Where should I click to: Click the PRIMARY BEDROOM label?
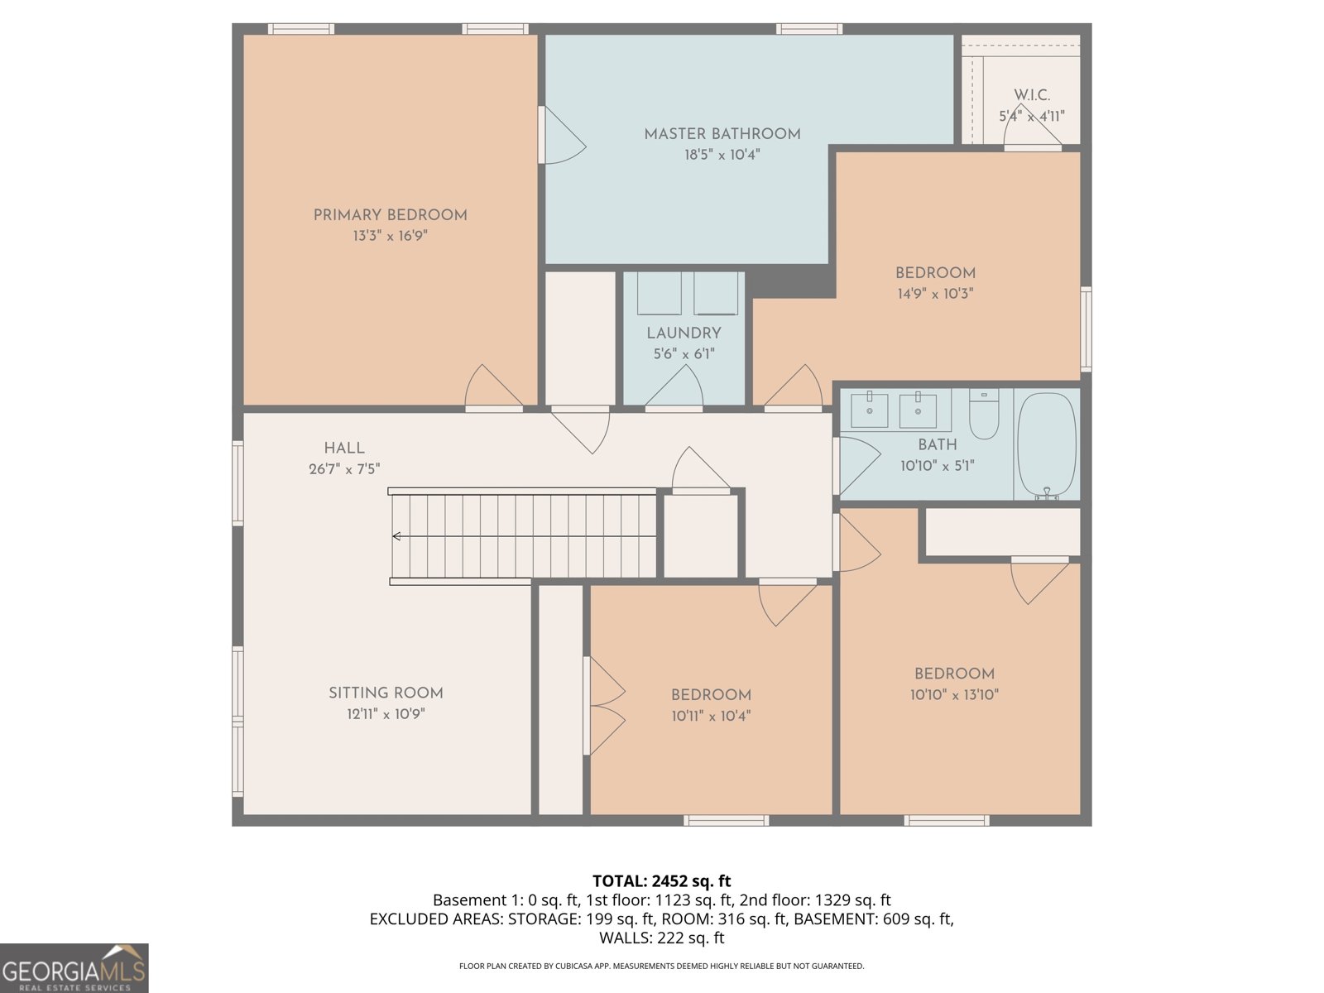390,215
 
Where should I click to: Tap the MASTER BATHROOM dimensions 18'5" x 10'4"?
722,155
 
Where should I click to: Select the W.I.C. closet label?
1032,95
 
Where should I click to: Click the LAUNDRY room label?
684,333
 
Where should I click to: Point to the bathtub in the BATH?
1046,444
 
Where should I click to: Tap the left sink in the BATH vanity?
870,410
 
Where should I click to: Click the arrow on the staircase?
397,536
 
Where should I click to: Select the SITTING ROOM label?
386,693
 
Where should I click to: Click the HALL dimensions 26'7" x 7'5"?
344,469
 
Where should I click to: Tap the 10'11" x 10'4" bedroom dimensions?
711,716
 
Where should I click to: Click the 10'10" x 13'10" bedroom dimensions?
954,695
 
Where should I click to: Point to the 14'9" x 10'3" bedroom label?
935,273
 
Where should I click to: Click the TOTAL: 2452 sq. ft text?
661,881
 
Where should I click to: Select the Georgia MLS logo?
74,968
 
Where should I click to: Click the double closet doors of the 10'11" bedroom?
604,706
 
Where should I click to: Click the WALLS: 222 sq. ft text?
661,938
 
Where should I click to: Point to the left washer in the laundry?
660,294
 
